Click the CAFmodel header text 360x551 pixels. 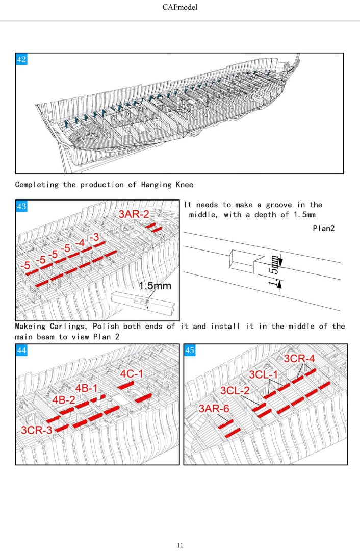point(180,8)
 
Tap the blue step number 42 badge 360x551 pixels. point(22,60)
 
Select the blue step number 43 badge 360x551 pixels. point(22,207)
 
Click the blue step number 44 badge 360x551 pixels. point(22,350)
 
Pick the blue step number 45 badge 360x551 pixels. point(190,350)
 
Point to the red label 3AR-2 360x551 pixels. point(134,214)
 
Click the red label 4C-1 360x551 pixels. point(132,374)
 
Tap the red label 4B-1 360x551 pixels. point(87,388)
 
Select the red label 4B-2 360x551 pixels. point(64,400)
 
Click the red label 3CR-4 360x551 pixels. point(299,359)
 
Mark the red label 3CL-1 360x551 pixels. point(264,375)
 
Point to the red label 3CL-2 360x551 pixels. point(235,391)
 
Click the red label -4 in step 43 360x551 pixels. point(80,243)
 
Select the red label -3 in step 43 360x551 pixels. point(93,237)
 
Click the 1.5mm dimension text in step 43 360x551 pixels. point(155,286)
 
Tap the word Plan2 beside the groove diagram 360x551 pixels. point(323,228)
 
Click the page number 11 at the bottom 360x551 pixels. point(180,545)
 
